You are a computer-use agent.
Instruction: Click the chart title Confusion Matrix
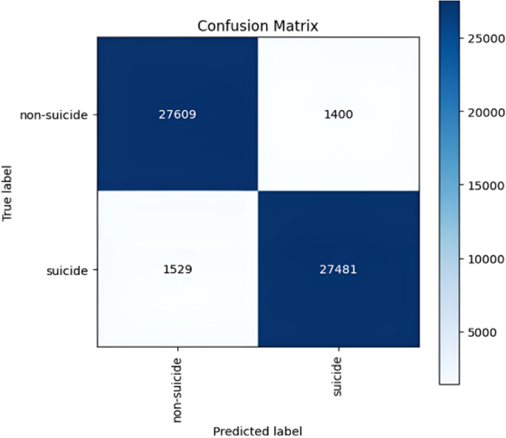click(x=258, y=26)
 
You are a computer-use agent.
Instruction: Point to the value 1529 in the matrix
click(x=177, y=270)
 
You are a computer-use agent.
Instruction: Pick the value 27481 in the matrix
click(x=338, y=270)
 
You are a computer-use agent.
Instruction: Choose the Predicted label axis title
click(x=258, y=431)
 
